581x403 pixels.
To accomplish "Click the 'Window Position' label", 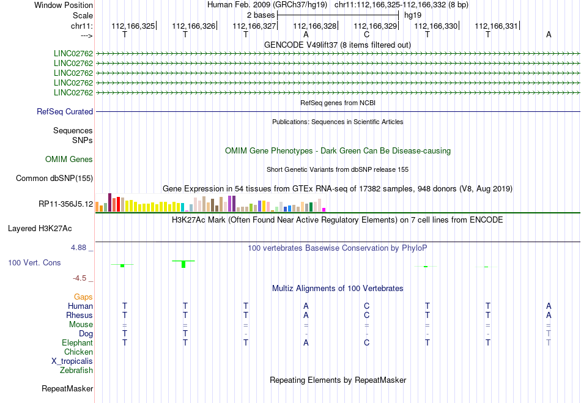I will pos(64,5).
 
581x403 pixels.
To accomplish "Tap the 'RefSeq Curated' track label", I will pos(65,112).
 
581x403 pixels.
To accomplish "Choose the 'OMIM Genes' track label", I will pos(69,160).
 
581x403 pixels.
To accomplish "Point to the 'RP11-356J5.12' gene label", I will pos(65,204).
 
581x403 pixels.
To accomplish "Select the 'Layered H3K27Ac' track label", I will pos(40,229).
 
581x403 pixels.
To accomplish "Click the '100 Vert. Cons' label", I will pos(35,262).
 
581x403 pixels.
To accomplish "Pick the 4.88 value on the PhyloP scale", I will pos(81,248).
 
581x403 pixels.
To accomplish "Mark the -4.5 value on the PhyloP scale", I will pos(83,278).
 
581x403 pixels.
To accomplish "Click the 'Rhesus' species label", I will pos(80,316).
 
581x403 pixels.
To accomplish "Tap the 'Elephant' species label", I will pos(77,343).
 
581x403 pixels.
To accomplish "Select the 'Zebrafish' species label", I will pos(76,371).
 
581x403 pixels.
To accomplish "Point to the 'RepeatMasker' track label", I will pos(67,388).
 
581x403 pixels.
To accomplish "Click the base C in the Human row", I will pos(366,306).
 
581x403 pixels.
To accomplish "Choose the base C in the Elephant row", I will pos(366,343).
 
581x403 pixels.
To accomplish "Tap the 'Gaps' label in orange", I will pos(83,297).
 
